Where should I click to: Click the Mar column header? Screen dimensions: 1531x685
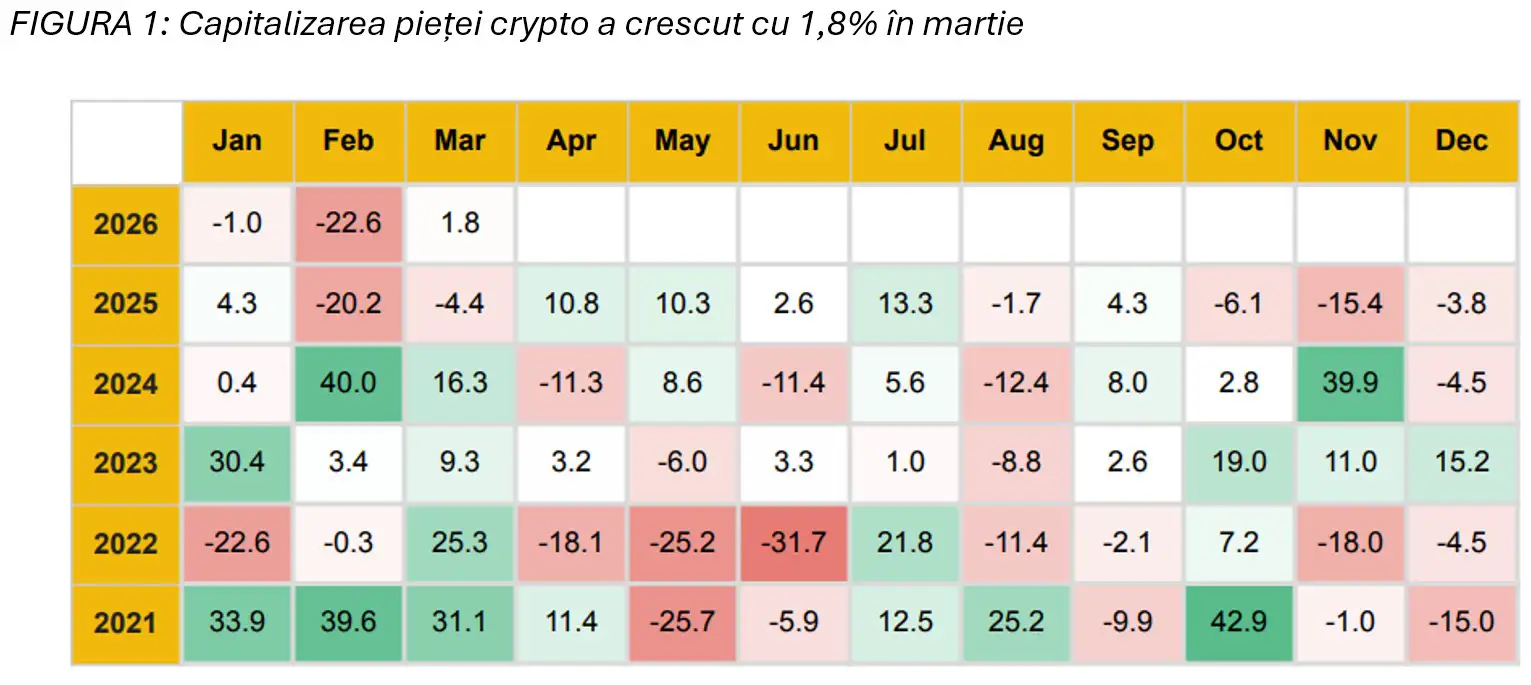(x=460, y=142)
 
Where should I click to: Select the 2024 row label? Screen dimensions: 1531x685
(x=126, y=384)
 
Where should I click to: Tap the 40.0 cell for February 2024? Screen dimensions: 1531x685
(x=349, y=384)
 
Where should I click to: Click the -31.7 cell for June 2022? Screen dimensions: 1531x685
(x=794, y=543)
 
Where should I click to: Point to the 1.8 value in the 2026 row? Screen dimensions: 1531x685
(x=460, y=224)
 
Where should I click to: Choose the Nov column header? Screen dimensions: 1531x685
(x=1351, y=142)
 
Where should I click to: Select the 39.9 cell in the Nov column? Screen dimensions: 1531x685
(x=1351, y=384)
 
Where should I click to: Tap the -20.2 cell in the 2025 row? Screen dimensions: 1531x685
(x=349, y=304)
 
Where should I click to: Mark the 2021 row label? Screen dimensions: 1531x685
(x=126, y=623)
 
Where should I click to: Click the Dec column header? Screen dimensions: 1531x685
(x=1462, y=142)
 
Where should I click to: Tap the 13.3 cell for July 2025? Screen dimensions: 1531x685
(x=905, y=304)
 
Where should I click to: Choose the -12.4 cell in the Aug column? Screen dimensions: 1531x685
(x=1016, y=384)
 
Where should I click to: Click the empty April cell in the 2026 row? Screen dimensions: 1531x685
(x=571, y=224)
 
